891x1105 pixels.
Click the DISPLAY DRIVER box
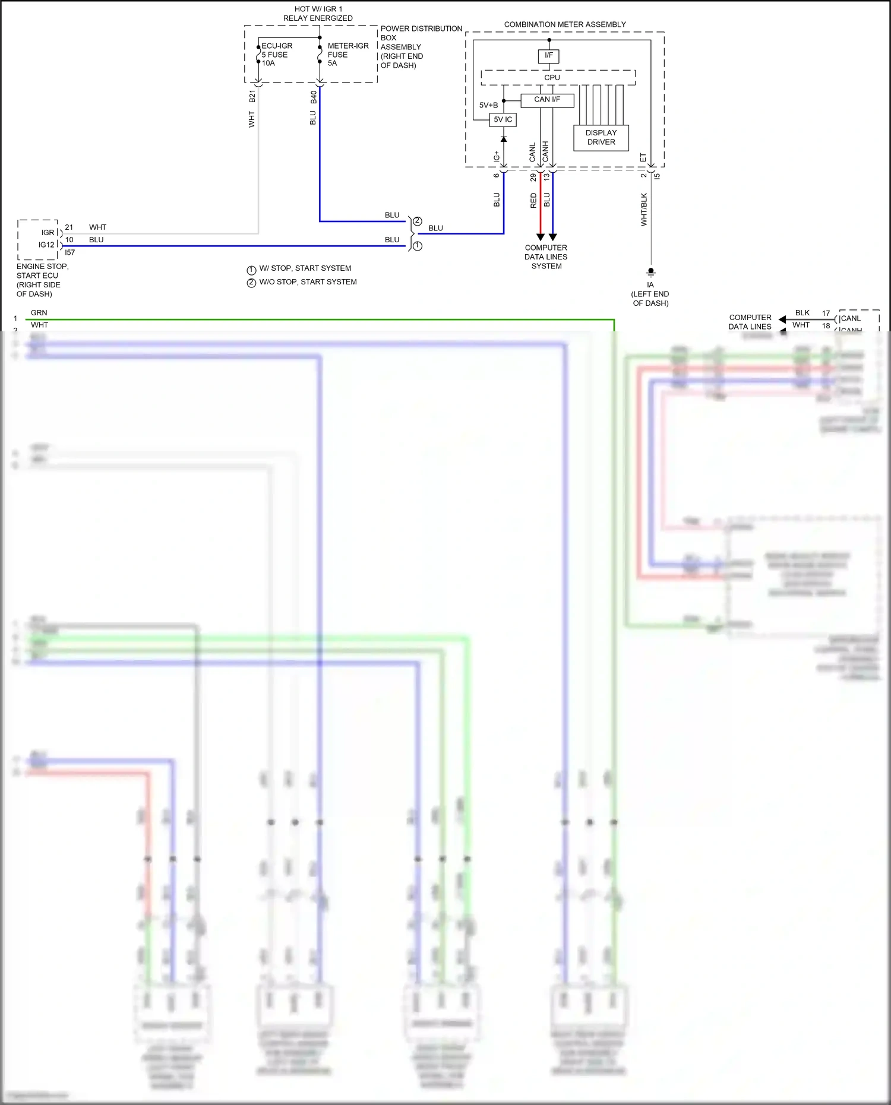click(601, 138)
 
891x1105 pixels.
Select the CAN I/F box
click(547, 100)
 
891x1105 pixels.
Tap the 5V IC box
click(503, 120)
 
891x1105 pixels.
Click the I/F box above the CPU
click(548, 56)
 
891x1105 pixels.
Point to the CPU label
click(552, 78)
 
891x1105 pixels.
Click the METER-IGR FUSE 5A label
click(347, 55)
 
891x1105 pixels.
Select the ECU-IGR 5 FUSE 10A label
click(277, 55)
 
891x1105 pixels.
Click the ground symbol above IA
click(651, 273)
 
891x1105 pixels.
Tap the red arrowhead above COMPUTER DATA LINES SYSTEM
click(540, 237)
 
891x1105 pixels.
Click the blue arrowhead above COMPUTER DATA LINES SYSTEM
click(552, 237)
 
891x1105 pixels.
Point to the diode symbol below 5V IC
click(504, 139)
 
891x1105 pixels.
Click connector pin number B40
click(314, 97)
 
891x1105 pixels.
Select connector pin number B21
click(252, 97)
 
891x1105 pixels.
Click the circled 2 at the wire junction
click(418, 221)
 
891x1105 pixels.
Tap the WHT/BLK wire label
click(644, 209)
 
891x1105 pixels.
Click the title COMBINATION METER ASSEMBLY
click(565, 25)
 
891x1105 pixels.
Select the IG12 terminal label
click(46, 245)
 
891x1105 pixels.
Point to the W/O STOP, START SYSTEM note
click(308, 282)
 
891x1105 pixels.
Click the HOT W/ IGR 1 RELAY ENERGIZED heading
click(318, 14)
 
